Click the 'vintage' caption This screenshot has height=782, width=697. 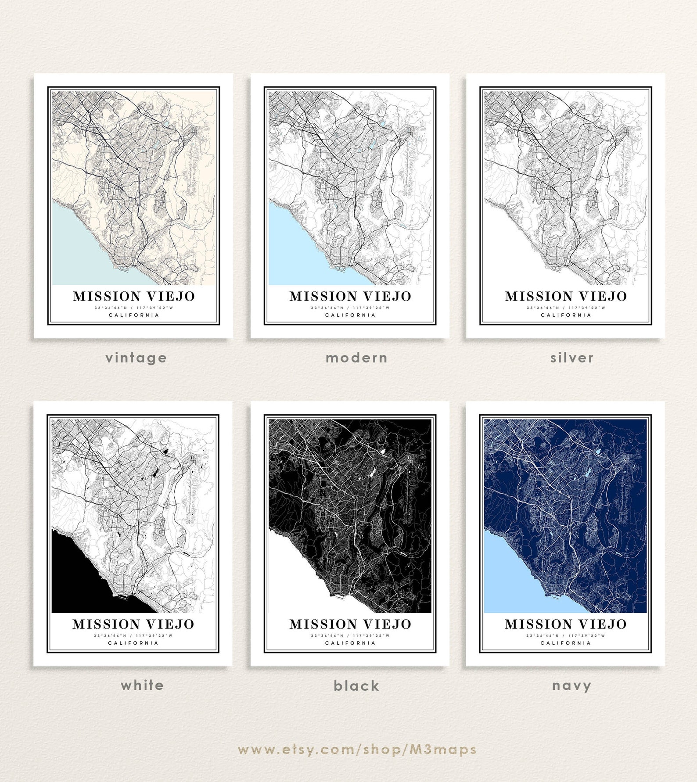136,358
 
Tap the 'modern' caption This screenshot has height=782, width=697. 356,358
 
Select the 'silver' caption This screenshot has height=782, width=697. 572,358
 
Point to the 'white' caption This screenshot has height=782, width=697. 142,685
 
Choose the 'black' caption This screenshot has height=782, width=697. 356,685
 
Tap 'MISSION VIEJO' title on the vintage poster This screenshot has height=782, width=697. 134,296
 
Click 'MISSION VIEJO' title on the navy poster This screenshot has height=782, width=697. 565,624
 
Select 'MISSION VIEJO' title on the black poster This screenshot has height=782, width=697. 350,624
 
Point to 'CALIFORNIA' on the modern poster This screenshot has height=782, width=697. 350,315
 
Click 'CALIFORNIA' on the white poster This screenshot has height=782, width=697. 133,643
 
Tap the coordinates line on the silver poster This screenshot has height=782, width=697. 566,308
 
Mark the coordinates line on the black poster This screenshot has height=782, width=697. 350,635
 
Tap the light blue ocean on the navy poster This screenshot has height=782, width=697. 509,579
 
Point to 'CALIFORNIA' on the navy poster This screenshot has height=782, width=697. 565,643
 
